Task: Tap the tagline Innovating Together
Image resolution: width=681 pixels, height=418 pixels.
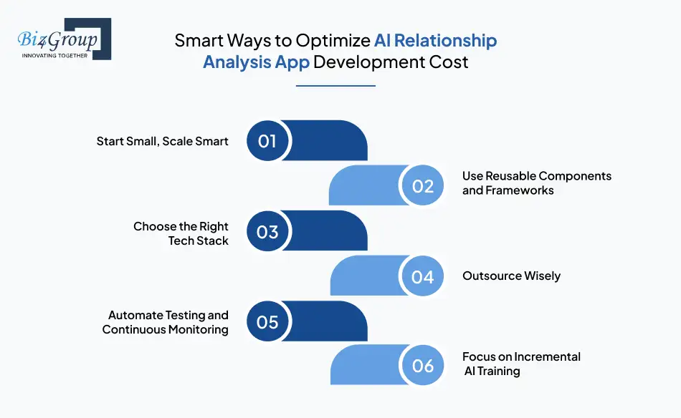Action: (55, 56)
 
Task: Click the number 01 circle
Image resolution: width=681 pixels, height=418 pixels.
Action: (267, 141)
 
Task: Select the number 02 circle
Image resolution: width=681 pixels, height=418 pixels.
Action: (423, 186)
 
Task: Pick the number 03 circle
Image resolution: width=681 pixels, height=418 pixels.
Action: (267, 231)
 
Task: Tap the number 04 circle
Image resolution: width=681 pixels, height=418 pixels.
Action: (423, 276)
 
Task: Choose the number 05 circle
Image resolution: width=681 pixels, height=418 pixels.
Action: (267, 321)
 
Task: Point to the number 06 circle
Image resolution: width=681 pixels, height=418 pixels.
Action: (423, 366)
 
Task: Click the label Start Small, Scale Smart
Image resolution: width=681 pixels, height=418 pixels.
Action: (162, 141)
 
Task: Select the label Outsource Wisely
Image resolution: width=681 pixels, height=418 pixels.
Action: (511, 276)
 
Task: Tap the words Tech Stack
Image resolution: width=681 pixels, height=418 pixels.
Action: (198, 241)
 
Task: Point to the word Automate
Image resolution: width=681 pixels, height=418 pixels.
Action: (135, 315)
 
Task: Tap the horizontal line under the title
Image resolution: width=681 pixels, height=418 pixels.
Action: (335, 86)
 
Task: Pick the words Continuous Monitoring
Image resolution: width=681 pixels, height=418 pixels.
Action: (165, 330)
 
